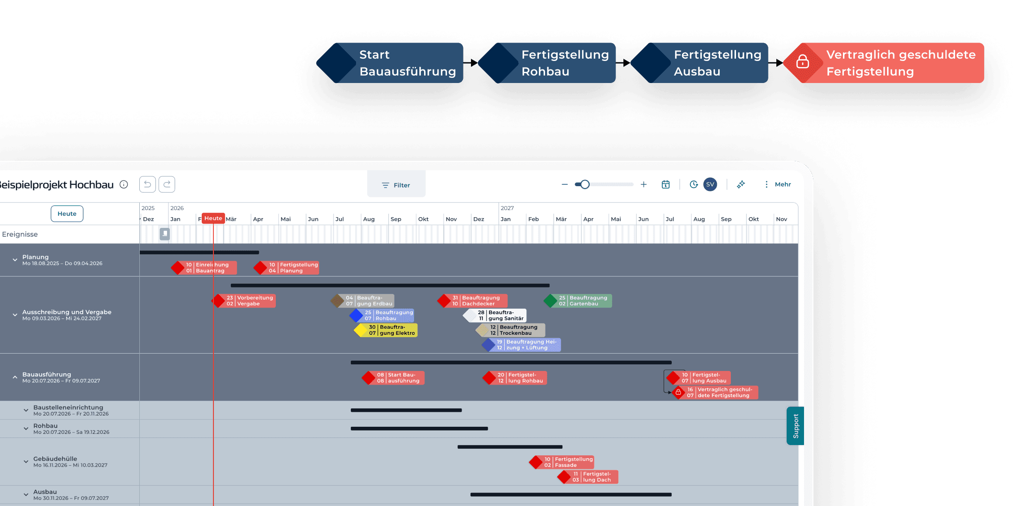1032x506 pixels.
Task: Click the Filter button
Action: click(x=396, y=185)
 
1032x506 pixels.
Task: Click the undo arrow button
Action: click(x=147, y=184)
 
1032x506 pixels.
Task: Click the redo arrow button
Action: click(x=167, y=184)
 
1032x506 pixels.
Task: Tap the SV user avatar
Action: click(x=710, y=184)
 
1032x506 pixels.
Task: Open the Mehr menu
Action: click(x=778, y=184)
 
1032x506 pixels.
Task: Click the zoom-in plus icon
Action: click(x=644, y=184)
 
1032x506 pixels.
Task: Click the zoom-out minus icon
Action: click(x=565, y=184)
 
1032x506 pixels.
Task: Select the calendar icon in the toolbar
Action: click(x=666, y=184)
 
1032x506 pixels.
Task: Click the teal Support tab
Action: click(x=795, y=426)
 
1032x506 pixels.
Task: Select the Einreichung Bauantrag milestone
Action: click(x=205, y=268)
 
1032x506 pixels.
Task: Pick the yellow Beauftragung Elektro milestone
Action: click(x=387, y=330)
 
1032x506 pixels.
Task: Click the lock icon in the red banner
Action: click(x=803, y=62)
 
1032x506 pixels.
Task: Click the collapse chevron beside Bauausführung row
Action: click(x=15, y=377)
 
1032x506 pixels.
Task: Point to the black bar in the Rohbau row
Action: click(x=419, y=429)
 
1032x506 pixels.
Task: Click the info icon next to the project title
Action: click(x=124, y=184)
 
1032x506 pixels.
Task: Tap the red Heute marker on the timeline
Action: click(x=213, y=219)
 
